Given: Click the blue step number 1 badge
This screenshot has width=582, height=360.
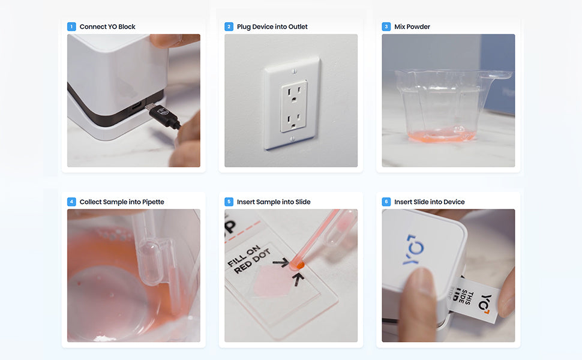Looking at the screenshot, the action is click(x=71, y=27).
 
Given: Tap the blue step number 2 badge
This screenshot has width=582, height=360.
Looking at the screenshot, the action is click(x=229, y=27).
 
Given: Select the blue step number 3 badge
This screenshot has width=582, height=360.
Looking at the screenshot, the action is click(x=386, y=27).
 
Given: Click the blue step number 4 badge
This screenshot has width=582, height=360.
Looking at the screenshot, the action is click(x=71, y=202).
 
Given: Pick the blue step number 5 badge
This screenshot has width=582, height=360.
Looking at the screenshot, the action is click(x=229, y=202).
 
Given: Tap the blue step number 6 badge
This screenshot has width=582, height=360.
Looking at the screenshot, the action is click(x=386, y=202).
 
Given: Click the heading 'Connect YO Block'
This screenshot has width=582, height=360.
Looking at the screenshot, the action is click(x=107, y=27).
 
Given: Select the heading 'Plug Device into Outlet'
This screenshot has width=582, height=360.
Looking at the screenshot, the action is click(x=272, y=27).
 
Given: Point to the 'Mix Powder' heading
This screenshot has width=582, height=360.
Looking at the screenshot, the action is click(x=412, y=27).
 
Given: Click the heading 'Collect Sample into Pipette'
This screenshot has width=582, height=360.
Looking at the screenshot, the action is click(x=122, y=202).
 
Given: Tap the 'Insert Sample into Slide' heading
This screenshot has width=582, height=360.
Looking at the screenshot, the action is click(x=274, y=202).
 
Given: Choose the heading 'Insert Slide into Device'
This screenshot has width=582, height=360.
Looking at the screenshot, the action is click(x=430, y=202).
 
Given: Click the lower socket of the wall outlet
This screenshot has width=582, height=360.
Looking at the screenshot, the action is click(x=294, y=120).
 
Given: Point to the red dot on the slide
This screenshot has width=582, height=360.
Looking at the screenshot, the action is click(x=297, y=265).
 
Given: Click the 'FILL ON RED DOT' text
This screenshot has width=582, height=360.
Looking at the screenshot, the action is click(x=248, y=260).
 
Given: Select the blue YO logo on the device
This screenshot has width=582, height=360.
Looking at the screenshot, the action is click(x=414, y=250).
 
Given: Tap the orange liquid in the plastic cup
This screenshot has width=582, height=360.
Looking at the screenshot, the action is click(x=441, y=136).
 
